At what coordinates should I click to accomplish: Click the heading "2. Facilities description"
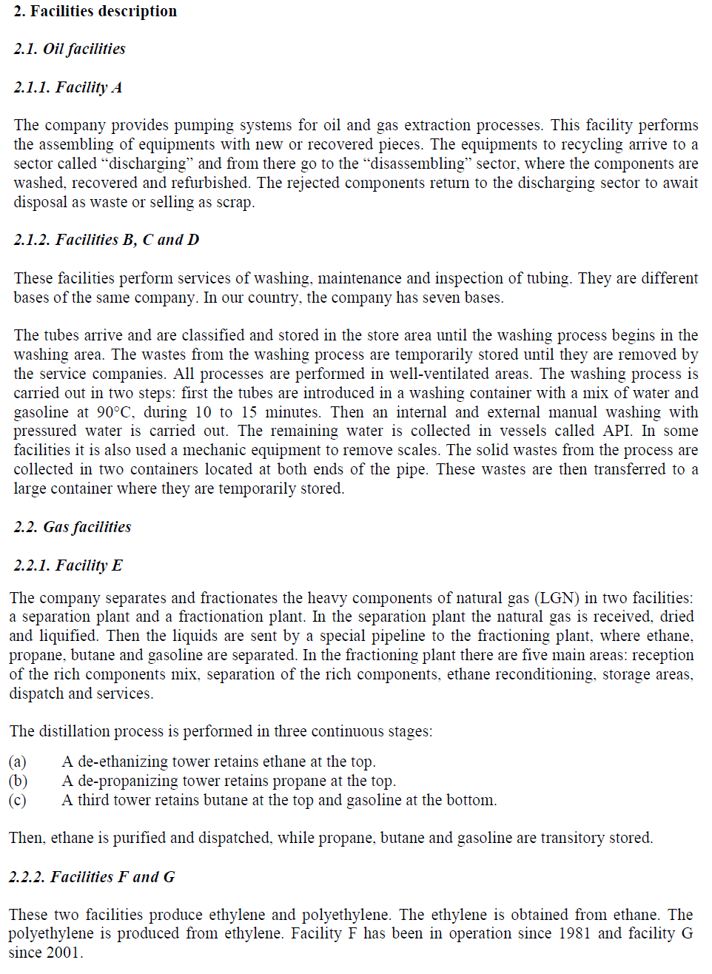[95, 11]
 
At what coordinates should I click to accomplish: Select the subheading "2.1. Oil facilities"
[70, 49]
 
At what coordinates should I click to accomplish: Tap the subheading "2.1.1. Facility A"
[68, 87]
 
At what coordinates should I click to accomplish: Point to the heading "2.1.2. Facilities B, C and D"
[107, 240]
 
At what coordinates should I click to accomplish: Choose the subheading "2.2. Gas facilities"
[73, 527]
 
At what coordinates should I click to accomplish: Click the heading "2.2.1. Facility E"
[68, 565]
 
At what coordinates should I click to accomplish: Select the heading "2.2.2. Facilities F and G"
[92, 877]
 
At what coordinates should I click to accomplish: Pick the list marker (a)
[18, 762]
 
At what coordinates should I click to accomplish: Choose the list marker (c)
[18, 800]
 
